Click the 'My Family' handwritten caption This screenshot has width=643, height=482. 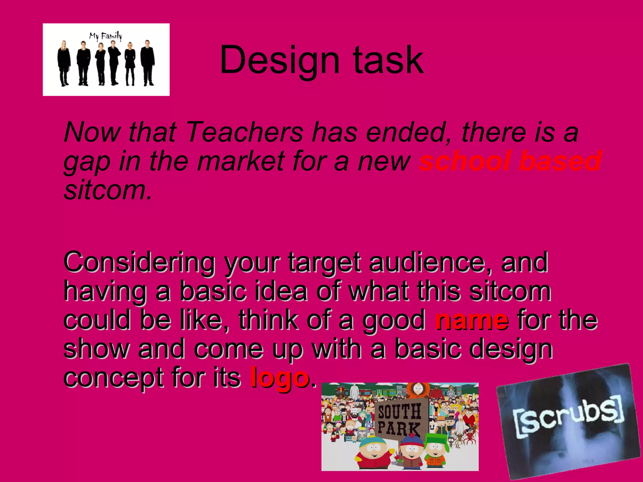(x=105, y=36)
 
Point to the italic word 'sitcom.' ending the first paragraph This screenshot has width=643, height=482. (x=108, y=191)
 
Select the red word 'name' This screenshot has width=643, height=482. (x=472, y=321)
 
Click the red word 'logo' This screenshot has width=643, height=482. (x=279, y=378)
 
